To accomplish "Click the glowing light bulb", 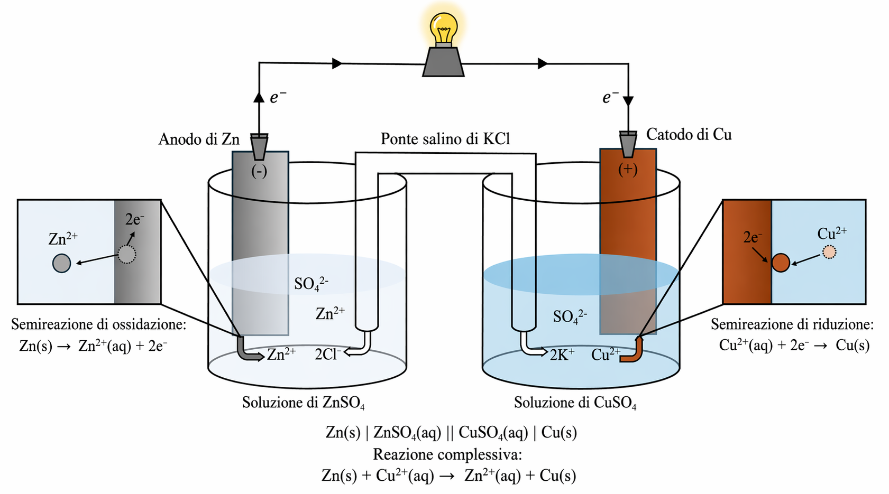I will pos(443,29).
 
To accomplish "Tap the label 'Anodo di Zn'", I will pos(199,139).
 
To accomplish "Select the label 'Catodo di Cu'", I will pos(689,135).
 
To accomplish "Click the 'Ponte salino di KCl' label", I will pos(445,139).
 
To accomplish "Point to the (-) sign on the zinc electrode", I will pos(259,171).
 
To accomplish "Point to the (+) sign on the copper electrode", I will pos(628,170).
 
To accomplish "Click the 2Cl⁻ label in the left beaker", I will pos(327,354).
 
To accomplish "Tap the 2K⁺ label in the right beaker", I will pos(562,355).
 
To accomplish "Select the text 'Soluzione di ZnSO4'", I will pos(303,403).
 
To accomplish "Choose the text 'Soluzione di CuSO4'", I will pos(575,403).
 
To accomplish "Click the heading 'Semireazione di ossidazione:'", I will pos(99,324).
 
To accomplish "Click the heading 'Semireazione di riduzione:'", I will pos(792,324).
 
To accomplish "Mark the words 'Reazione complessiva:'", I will pos(447,454).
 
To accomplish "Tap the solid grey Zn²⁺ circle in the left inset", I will pos(62,263).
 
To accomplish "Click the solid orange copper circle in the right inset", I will pos(781,263).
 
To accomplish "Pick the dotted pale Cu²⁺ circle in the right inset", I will pos(829,253).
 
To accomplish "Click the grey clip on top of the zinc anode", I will pos(259,146).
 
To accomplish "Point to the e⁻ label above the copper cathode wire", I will pos(610,98).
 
